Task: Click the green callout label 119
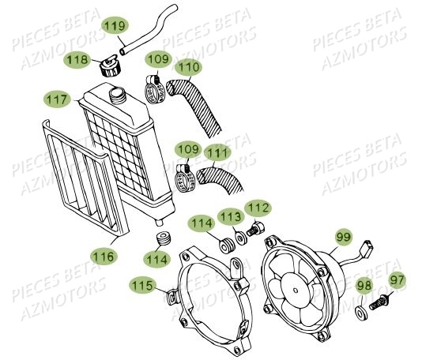tap(116, 27)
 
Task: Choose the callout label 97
tap(397, 279)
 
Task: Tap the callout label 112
tap(257, 208)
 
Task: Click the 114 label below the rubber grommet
tap(156, 257)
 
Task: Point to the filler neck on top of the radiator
tap(119, 96)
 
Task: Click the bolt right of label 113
tap(255, 230)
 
